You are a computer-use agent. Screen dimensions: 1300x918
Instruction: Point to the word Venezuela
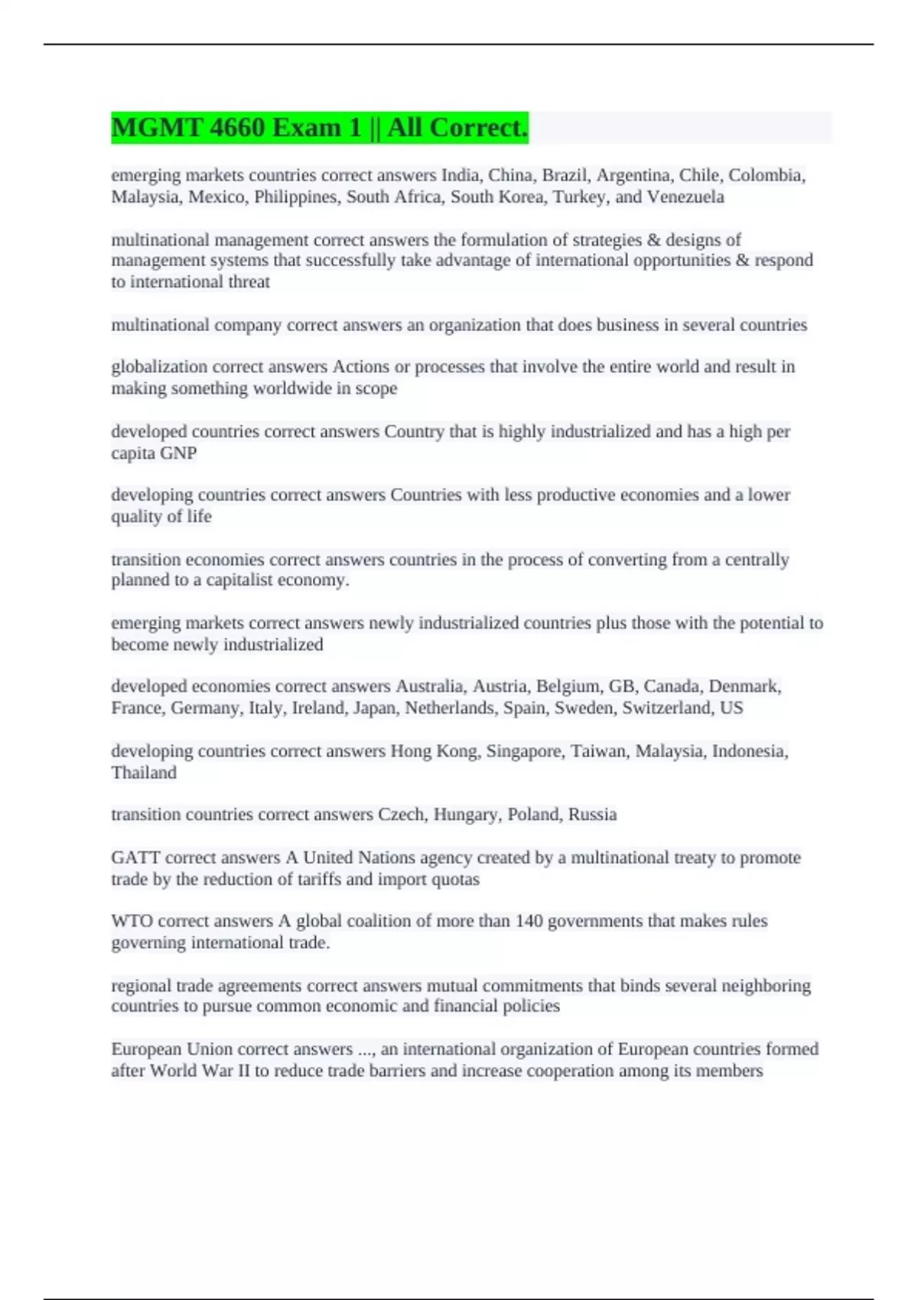pos(685,197)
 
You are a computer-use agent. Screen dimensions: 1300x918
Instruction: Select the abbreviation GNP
pos(179,453)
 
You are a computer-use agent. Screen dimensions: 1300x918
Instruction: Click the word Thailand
pos(144,772)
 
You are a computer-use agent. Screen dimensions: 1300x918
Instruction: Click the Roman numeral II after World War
pos(243,1071)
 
